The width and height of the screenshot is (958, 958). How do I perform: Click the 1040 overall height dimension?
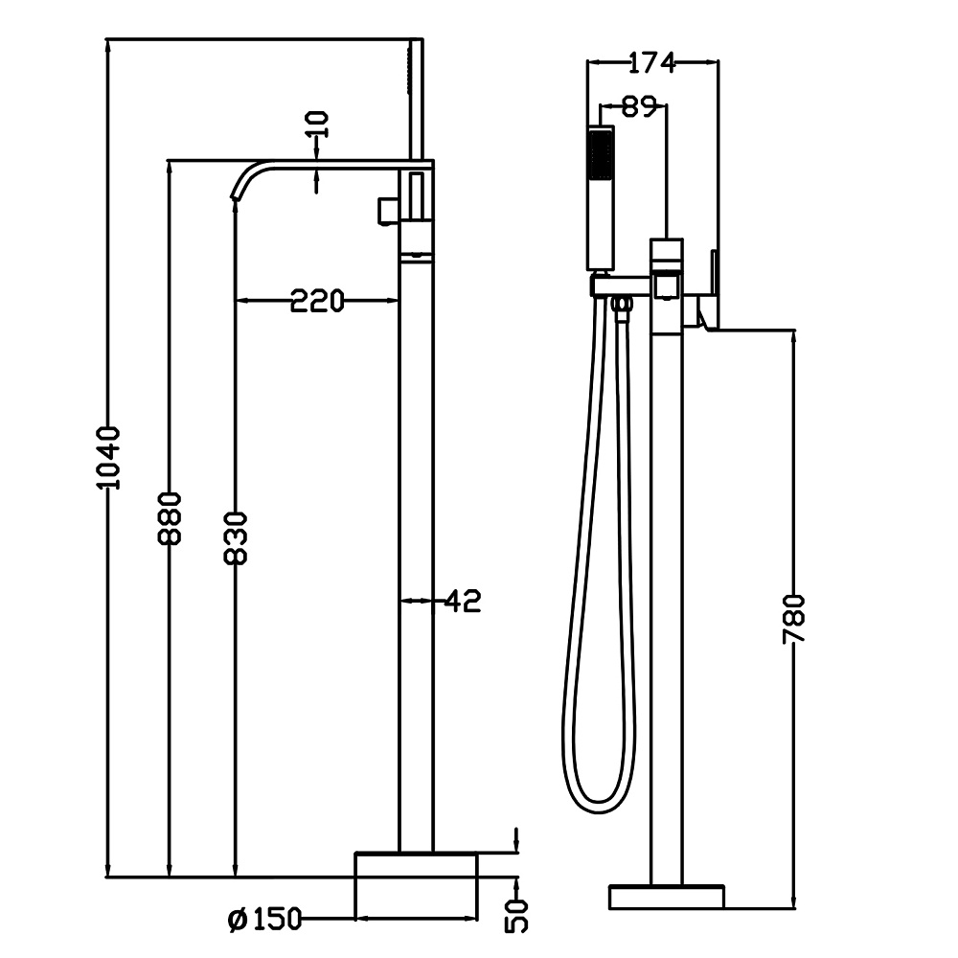click(111, 457)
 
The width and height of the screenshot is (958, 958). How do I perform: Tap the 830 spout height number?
click(236, 537)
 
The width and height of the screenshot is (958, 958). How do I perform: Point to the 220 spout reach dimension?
click(317, 302)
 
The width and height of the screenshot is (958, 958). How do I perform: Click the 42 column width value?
click(462, 601)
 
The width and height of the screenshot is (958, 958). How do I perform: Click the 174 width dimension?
click(651, 63)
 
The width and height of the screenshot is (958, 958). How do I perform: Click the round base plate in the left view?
click(417, 887)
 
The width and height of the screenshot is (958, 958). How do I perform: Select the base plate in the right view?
click(667, 897)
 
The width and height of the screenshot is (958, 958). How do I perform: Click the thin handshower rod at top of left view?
click(417, 96)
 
